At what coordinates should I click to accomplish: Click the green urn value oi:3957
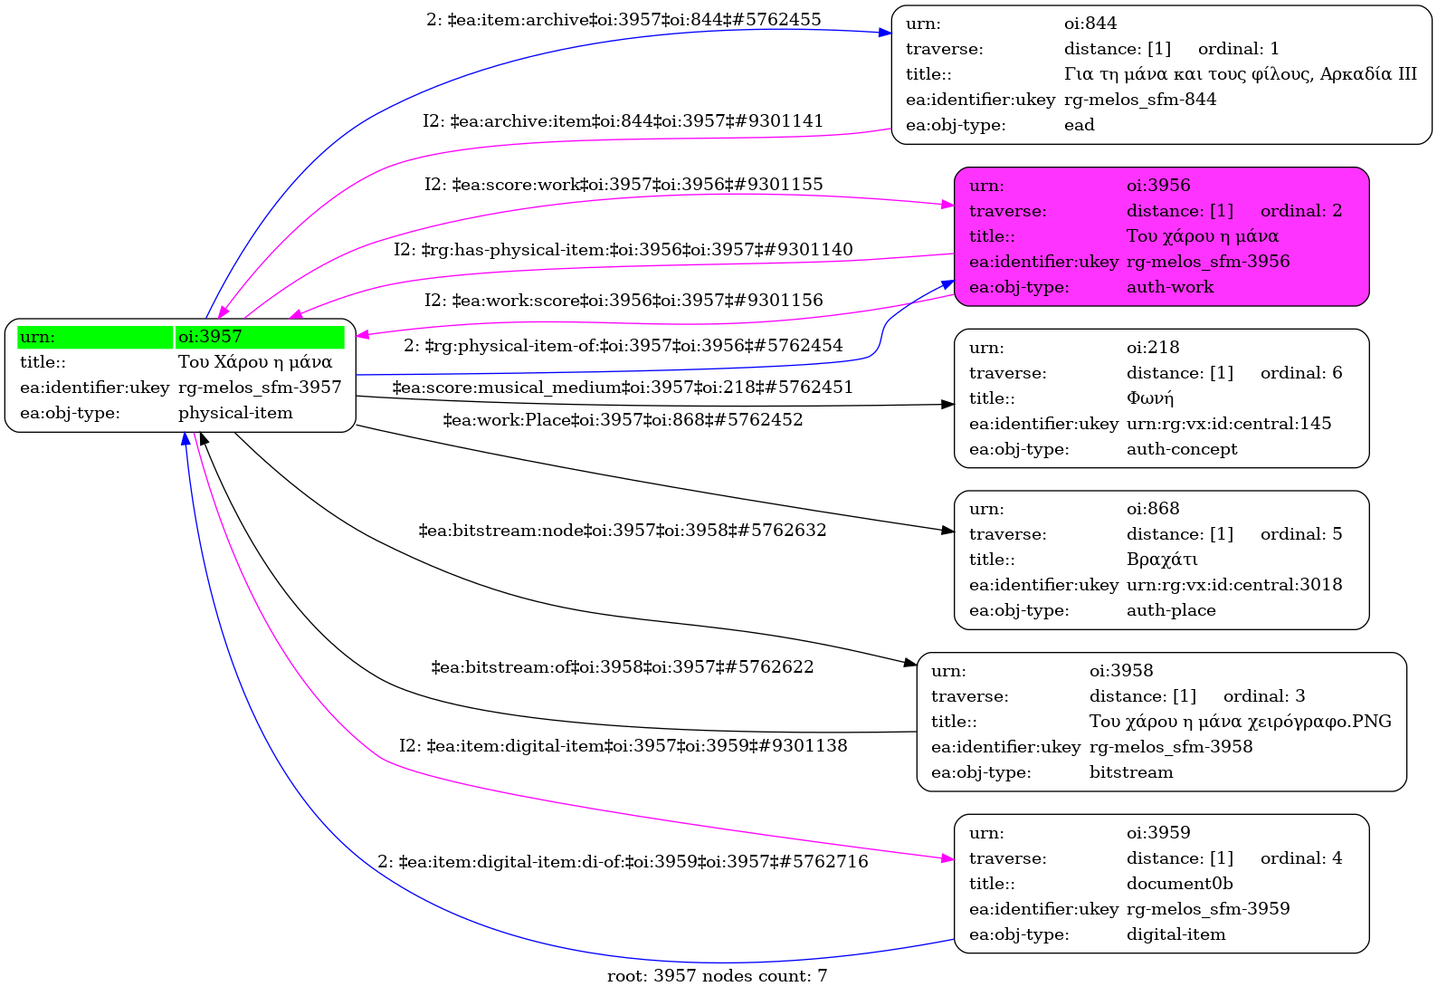tap(210, 337)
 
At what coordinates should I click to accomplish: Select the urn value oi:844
tap(1090, 24)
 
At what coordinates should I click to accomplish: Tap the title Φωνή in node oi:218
tap(1149, 398)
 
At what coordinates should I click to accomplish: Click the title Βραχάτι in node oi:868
tap(1162, 560)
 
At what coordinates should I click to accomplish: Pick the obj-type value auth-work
tap(1169, 287)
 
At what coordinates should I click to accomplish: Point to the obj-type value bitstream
tap(1130, 772)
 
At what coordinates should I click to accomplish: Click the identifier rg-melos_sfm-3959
tap(1207, 909)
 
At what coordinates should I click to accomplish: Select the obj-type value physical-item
tap(235, 413)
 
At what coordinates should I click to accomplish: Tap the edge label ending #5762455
tap(623, 20)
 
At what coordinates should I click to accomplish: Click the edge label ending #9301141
tap(623, 121)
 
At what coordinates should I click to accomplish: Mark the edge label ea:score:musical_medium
tap(623, 388)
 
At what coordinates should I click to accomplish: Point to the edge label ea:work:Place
tap(623, 420)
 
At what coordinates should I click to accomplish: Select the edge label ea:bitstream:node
tap(623, 531)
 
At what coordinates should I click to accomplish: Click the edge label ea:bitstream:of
tap(623, 667)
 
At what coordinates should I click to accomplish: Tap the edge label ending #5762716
tap(623, 862)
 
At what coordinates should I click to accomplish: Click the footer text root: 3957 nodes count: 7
tap(717, 976)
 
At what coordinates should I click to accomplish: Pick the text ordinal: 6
tap(1300, 373)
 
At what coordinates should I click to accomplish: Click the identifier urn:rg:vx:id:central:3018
tap(1233, 585)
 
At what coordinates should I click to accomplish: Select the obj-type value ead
tap(1079, 125)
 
